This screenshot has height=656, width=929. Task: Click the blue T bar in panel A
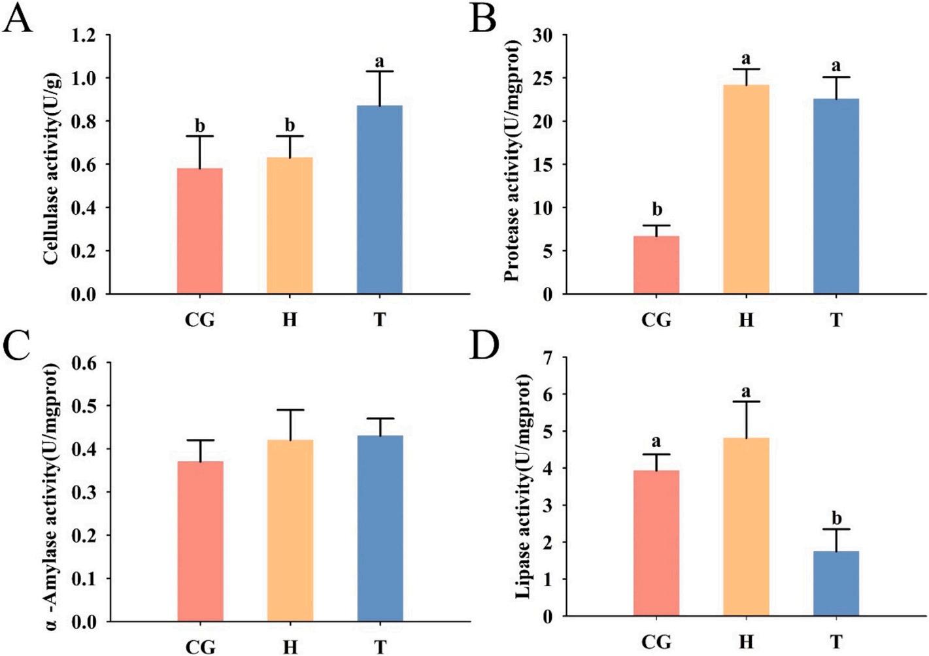point(379,199)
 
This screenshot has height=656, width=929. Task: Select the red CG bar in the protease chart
point(656,265)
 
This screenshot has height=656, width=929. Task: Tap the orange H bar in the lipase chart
point(746,527)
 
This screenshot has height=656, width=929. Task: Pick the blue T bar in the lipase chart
point(836,583)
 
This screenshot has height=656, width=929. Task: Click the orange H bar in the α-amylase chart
point(290,530)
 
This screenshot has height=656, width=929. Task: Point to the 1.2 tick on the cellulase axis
point(84,35)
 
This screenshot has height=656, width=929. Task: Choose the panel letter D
point(484,346)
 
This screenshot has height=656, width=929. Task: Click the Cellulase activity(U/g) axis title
point(52,169)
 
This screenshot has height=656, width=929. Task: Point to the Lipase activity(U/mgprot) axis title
point(523,486)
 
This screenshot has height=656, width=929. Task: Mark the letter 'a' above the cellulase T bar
point(379,62)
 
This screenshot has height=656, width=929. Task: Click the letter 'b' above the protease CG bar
point(657,209)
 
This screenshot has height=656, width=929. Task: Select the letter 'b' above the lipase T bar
point(836,518)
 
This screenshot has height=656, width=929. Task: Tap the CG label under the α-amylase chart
point(200,647)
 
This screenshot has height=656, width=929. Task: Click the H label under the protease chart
point(746,320)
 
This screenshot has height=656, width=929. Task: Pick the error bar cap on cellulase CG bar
point(200,136)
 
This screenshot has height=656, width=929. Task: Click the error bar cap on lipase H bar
point(746,401)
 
